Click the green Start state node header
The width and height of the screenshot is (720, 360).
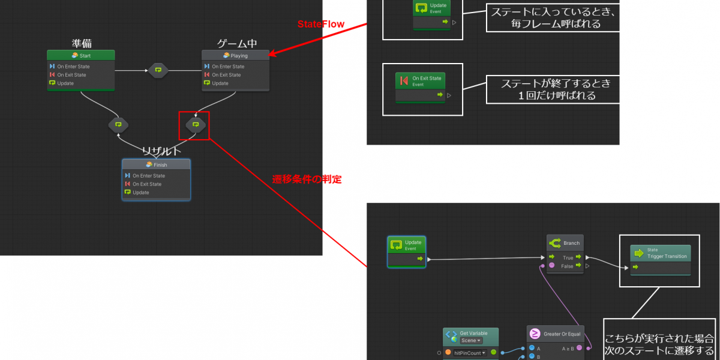[80, 55]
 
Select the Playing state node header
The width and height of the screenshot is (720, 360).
[235, 55]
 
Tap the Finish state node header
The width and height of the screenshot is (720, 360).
[156, 164]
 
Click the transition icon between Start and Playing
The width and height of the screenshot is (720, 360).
[158, 70]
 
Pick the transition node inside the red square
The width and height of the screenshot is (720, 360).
[195, 125]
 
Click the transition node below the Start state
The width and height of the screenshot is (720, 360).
[118, 125]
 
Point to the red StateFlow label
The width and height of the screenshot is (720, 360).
[321, 24]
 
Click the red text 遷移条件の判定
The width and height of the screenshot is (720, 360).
[307, 179]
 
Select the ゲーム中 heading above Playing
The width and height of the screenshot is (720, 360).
[236, 43]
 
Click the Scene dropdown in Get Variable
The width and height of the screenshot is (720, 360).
[472, 340]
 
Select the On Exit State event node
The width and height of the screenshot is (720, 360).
[420, 81]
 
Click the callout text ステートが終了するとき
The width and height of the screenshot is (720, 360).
[552, 84]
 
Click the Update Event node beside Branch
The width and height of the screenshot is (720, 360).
[407, 245]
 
